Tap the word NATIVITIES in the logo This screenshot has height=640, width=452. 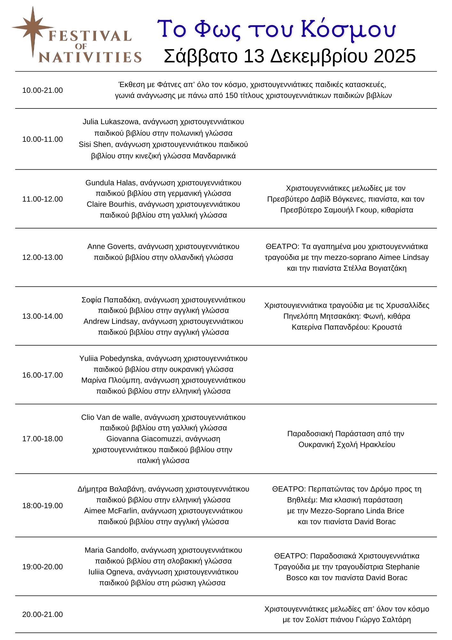click(x=90, y=57)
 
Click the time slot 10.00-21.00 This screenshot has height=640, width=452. click(x=43, y=90)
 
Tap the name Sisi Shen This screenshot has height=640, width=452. click(x=95, y=145)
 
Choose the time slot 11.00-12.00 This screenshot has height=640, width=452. click(x=43, y=199)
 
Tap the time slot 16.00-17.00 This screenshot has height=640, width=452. click(x=43, y=375)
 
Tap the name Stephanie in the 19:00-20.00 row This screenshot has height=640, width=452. click(x=402, y=567)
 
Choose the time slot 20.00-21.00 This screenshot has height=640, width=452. click(x=43, y=614)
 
